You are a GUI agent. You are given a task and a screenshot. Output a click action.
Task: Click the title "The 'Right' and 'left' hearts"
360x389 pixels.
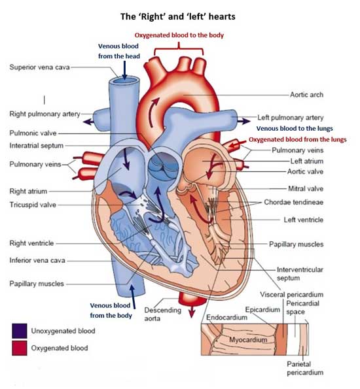177,16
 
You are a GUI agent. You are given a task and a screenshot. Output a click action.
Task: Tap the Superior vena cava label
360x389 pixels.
39,67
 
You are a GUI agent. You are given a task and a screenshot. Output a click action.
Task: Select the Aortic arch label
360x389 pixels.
306,95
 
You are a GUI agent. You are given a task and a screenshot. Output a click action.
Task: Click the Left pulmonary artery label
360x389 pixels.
290,118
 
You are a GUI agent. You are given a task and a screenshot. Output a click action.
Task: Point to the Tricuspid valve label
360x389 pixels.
33,205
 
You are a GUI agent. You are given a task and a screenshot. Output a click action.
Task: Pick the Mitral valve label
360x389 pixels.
306,189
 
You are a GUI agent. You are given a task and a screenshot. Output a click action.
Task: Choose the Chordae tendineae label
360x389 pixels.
294,202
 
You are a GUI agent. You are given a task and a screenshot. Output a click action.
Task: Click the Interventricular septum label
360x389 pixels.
300,274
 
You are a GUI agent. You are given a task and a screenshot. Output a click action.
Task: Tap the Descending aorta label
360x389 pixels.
163,314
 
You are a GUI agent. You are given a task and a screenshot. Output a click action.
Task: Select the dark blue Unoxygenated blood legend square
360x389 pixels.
20,331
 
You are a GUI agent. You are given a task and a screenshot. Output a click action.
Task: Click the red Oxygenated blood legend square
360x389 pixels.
20,348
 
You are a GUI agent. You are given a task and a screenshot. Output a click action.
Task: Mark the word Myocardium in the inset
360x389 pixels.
248,339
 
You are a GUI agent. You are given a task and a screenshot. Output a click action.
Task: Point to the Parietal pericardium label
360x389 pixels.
305,369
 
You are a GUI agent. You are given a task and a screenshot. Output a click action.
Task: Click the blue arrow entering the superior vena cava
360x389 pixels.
124,71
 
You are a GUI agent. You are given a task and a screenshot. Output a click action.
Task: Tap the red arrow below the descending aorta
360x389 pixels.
191,312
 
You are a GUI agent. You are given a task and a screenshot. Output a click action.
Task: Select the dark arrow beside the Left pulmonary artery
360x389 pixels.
243,121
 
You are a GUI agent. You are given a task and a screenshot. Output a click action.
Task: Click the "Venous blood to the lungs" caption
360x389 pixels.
295,129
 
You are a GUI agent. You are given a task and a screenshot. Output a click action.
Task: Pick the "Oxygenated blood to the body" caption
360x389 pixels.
179,35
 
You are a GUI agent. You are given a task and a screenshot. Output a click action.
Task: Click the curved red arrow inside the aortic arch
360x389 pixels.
154,112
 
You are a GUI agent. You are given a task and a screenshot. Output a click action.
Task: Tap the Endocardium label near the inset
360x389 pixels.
226,318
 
